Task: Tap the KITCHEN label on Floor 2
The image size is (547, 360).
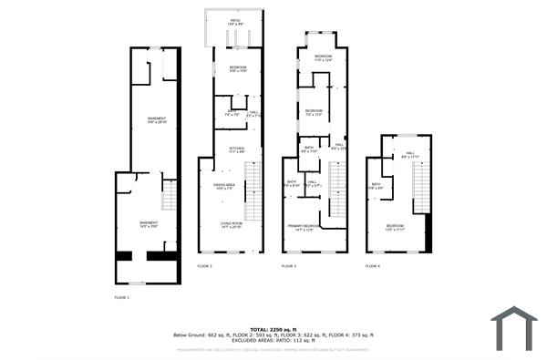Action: (236, 148)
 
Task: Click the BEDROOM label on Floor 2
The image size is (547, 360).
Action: (237, 68)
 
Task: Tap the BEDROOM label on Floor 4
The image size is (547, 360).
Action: (394, 225)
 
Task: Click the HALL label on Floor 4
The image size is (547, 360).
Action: (409, 153)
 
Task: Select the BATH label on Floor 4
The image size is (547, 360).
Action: (376, 185)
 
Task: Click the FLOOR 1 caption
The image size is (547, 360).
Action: (121, 298)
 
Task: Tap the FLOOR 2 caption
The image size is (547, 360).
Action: (204, 265)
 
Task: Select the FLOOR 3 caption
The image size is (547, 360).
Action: (288, 265)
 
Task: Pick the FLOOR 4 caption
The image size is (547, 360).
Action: (372, 265)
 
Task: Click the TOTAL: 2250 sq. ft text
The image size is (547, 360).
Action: (273, 329)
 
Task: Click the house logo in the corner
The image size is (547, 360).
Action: (514, 327)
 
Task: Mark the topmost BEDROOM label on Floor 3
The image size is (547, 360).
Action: (323, 57)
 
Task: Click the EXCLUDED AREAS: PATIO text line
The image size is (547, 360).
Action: (273, 341)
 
